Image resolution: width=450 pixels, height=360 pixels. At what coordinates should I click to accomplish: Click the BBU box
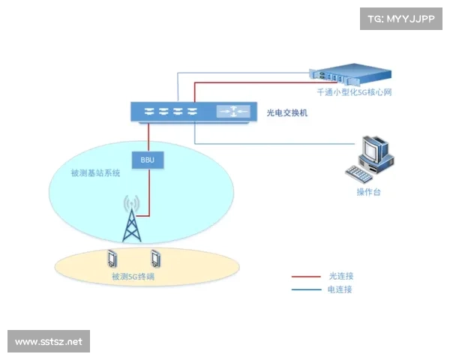pos(147,159)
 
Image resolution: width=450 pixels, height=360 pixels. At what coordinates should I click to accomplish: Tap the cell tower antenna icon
pos(132,218)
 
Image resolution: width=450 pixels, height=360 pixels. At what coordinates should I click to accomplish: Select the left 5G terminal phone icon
pos(112,259)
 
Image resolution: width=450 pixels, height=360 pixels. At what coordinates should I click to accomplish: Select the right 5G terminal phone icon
pos(156,259)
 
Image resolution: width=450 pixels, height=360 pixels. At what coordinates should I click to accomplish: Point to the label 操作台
pos(368,193)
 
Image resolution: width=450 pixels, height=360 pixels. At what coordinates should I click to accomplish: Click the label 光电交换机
pos(287,113)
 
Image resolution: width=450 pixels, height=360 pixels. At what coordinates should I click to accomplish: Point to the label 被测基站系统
pos(95,173)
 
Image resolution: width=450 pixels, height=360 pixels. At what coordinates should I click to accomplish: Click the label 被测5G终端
pos(133,277)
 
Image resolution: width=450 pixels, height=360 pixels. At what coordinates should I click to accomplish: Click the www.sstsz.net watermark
pos(48,342)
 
